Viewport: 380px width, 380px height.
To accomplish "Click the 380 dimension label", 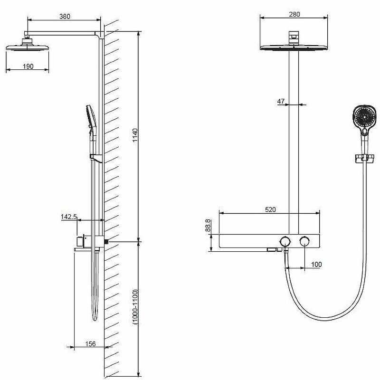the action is click(65, 16).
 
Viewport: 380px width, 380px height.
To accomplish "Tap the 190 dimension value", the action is click(28, 66).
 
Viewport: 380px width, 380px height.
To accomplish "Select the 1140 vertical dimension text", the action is click(135, 135).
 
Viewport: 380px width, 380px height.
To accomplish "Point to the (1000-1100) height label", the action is click(135, 306).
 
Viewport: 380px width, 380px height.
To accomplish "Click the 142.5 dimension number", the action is click(69, 217).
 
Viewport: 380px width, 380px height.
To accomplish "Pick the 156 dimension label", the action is click(90, 343).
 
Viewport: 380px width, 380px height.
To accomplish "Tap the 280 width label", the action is click(294, 14).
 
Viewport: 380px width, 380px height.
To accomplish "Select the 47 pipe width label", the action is click(281, 101).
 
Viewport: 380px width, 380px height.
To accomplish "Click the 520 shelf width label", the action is click(270, 209).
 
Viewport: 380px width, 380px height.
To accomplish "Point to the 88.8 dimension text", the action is click(208, 225).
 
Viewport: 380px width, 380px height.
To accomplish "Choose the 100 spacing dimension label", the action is click(316, 264).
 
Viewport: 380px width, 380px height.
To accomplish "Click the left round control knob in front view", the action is click(285, 241).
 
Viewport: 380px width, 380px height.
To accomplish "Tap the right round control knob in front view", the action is click(304, 241).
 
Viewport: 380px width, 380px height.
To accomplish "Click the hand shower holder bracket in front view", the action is click(364, 158).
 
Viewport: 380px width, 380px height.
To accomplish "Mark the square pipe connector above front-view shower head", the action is click(294, 35).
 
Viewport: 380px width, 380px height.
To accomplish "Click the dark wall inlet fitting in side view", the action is click(106, 241).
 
